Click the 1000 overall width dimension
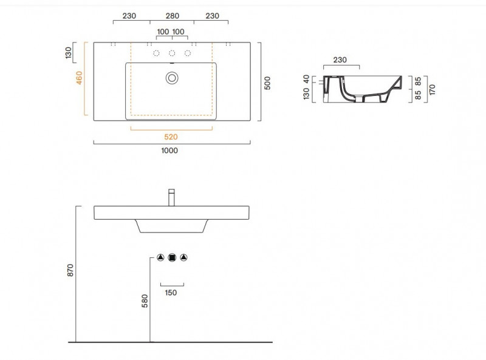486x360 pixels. coord(170,151)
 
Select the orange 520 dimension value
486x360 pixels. coord(171,137)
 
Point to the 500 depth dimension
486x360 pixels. coord(267,83)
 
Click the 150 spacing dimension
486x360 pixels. coord(171,293)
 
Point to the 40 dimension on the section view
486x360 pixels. coord(306,80)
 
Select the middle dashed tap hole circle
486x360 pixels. coord(172,53)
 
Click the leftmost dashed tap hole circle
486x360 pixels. coord(157,53)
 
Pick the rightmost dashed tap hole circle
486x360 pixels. coord(187,53)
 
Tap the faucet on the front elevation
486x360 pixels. coord(172,197)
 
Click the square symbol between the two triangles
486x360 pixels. coord(172,257)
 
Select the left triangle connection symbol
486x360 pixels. coord(161,257)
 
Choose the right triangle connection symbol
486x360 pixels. coord(183,257)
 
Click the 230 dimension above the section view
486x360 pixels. coord(340,59)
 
